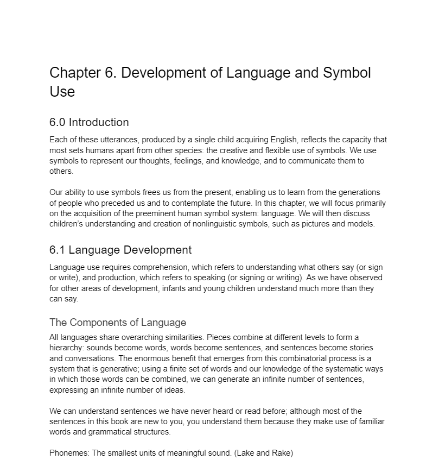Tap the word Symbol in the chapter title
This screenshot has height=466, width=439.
pyautogui.click(x=347, y=73)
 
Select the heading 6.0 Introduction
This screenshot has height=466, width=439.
pyautogui.click(x=89, y=122)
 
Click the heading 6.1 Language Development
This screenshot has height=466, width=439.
pyautogui.click(x=120, y=250)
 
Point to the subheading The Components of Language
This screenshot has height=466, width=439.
pyautogui.click(x=118, y=323)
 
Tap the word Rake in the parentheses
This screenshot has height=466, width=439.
pyautogui.click(x=280, y=452)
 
